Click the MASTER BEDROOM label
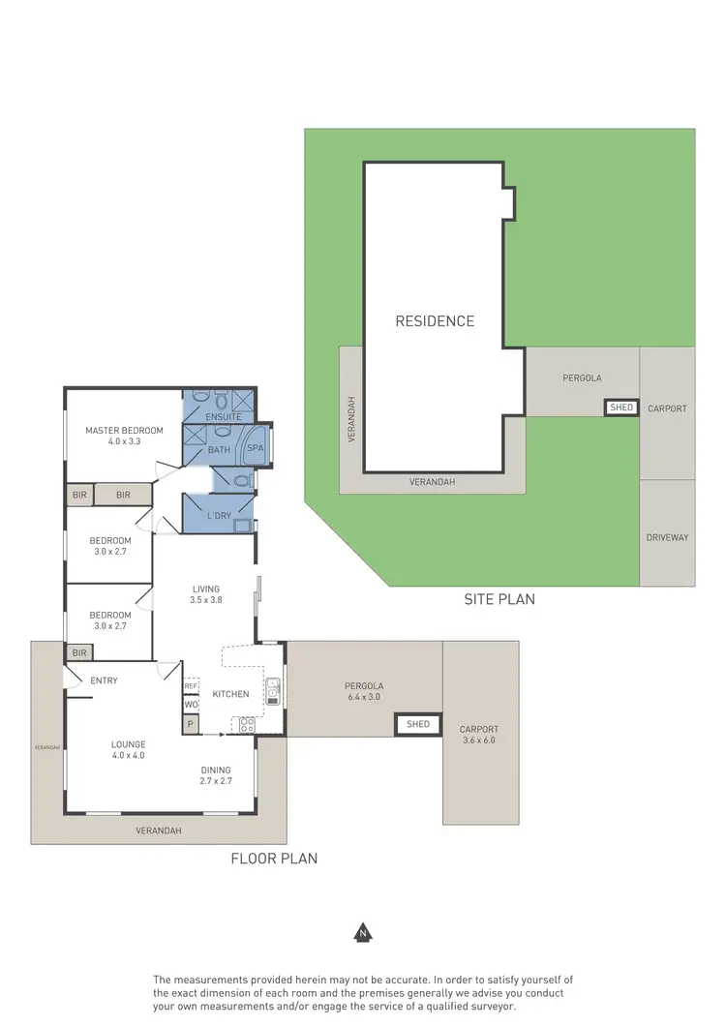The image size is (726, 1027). point(124,431)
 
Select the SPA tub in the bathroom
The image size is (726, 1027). point(256,448)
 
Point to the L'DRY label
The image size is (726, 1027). point(220,516)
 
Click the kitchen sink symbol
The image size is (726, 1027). point(273,689)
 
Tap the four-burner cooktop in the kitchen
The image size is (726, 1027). point(245,722)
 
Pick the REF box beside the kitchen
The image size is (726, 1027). point(191,685)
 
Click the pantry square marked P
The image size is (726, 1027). point(191,724)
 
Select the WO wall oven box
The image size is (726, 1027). point(191,705)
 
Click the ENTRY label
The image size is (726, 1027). point(104,680)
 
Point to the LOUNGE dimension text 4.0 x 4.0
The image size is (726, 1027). point(128,756)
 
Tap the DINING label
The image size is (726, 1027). point(216,770)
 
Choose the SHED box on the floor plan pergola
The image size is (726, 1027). point(418,724)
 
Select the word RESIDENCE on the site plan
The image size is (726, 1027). point(435,321)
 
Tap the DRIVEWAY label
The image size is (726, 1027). point(667,537)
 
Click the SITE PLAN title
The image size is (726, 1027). point(499,599)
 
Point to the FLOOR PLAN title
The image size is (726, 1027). point(274,859)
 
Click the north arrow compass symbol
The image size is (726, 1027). point(363,933)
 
